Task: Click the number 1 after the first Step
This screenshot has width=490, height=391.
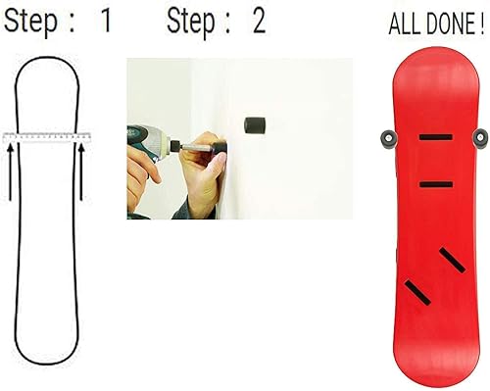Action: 106,23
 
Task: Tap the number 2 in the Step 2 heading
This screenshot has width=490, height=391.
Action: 259,23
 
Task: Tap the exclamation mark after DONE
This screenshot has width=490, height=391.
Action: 483,24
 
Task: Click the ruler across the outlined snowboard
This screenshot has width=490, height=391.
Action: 45,137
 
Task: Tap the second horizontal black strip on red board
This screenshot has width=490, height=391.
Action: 436,184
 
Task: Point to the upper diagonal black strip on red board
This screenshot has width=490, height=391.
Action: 450,260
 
